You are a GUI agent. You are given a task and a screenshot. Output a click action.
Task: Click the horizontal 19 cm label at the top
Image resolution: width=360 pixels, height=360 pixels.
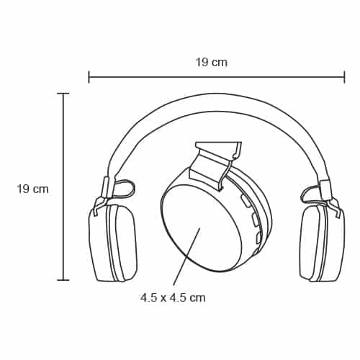pos(212,63)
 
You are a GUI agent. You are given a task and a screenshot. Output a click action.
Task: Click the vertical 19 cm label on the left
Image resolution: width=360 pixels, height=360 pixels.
pos(33,189)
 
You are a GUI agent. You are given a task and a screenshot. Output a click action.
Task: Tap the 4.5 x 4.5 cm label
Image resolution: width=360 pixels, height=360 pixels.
pos(173,298)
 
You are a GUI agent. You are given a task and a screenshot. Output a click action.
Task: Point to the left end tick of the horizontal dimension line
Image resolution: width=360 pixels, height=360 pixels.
pos(89,77)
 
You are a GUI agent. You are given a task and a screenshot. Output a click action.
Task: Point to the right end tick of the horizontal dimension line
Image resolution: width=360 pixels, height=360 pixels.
pos(345,77)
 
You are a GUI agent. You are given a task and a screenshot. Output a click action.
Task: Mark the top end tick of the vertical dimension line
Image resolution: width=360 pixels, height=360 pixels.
pos(63,94)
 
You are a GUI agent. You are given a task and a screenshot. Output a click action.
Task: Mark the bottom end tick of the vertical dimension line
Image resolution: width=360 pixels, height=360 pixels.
pos(63,280)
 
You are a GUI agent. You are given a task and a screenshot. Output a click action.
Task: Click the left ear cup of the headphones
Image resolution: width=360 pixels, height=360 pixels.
pos(113,243)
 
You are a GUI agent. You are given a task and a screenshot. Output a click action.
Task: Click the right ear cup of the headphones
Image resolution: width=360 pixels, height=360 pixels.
pos(323,243)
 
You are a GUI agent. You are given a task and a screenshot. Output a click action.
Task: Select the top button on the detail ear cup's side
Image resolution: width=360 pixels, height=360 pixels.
pos(246,201)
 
